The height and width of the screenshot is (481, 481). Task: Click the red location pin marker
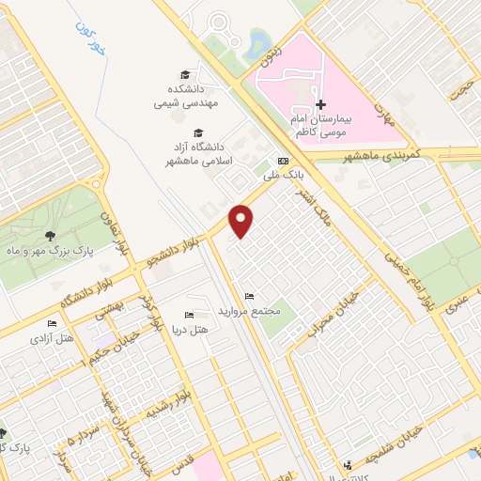(241, 221)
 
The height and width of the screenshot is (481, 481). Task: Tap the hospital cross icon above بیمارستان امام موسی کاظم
(319, 103)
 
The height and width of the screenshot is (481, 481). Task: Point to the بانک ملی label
(286, 176)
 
